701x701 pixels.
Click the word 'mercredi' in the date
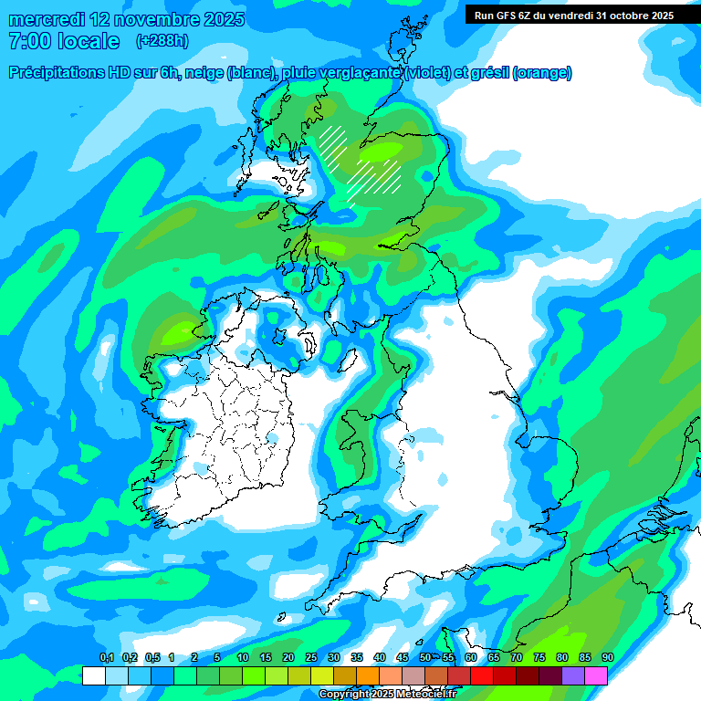[x=48, y=20]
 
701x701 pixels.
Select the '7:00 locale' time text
[x=63, y=41]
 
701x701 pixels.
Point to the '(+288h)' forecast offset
[x=163, y=41]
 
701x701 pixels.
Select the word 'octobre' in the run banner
[x=619, y=16]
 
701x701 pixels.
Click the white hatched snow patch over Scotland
[x=361, y=164]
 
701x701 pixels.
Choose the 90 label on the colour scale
[x=607, y=657]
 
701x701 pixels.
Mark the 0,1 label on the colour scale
[x=106, y=657]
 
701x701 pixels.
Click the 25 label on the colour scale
[x=310, y=657]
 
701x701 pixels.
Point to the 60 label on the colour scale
[x=470, y=657]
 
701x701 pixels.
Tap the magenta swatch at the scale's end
[x=596, y=675]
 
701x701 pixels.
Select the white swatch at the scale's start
[x=93, y=675]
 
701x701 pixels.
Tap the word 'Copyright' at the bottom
[x=343, y=695]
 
